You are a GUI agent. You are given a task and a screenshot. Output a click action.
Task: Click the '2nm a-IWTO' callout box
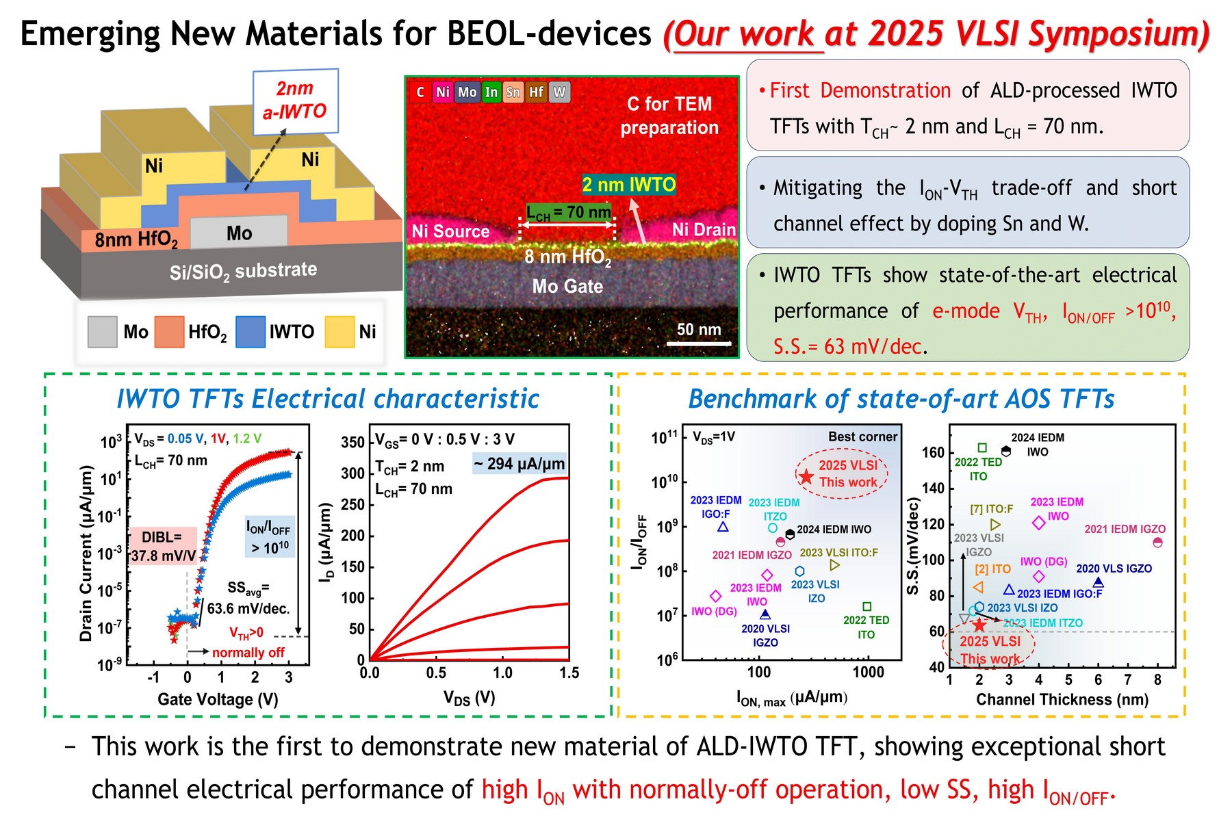coord(295,101)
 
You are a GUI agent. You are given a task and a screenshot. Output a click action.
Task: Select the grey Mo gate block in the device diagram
coord(239,233)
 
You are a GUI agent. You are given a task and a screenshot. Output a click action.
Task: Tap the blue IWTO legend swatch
coord(251,332)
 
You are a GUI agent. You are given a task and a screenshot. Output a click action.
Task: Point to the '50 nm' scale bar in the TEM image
coord(699,341)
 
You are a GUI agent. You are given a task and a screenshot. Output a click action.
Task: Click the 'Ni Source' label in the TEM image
coord(450,231)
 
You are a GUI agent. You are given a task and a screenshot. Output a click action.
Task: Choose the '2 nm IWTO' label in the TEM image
coord(628,185)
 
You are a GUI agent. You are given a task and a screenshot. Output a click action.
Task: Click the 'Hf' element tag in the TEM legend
coord(536,92)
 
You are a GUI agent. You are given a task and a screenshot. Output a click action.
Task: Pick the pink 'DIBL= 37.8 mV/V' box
coord(163,546)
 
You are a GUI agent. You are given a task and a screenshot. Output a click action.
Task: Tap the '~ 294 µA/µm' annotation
coord(519,464)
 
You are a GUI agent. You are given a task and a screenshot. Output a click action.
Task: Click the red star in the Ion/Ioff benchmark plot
coord(806,477)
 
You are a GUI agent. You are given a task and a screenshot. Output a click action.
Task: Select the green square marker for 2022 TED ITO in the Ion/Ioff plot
coord(867,607)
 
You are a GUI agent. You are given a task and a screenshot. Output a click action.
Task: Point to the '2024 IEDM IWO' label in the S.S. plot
coord(1038,445)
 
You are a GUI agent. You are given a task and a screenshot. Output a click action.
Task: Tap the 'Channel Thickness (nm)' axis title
coord(1062,699)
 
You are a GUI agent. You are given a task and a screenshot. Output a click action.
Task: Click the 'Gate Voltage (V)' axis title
coord(218,699)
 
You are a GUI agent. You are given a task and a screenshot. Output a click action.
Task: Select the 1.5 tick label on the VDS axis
coord(569,673)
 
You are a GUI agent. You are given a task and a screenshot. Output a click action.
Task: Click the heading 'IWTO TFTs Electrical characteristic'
coord(328,399)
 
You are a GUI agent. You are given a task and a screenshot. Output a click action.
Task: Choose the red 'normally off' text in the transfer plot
coord(248,653)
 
